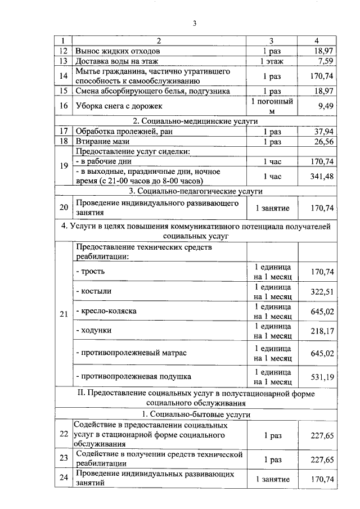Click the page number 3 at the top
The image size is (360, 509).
click(x=194, y=23)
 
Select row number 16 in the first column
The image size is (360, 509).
click(x=64, y=105)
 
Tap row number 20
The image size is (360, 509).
click(x=64, y=208)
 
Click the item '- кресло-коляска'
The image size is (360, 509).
click(x=106, y=311)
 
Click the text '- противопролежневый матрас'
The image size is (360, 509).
click(x=130, y=353)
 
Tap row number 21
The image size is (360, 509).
click(x=64, y=314)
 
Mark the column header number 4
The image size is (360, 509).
click(x=317, y=41)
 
